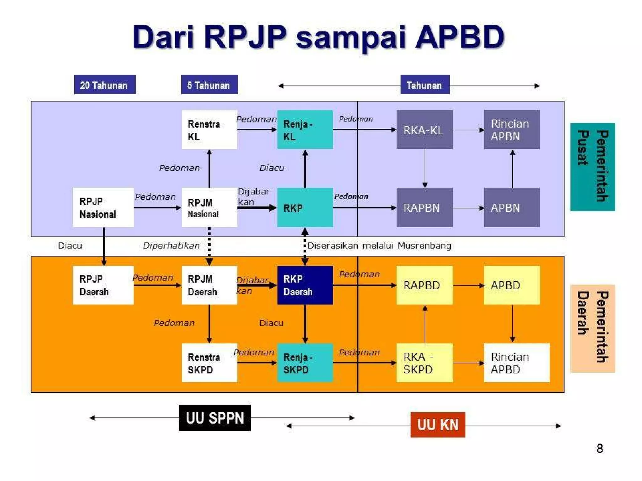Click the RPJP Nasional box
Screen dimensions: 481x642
[103, 207]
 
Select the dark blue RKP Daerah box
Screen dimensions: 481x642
[305, 285]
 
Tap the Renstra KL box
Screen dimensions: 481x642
[209, 130]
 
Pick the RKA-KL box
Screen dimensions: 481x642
[424, 130]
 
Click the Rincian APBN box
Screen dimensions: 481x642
[512, 130]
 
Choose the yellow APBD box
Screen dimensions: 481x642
[512, 285]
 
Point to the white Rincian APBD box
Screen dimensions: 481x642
[516, 363]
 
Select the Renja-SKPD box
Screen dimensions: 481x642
[305, 363]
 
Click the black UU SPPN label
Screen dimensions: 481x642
[215, 418]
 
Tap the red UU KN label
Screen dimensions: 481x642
[438, 425]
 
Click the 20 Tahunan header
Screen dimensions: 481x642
[105, 85]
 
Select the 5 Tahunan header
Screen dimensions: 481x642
[209, 85]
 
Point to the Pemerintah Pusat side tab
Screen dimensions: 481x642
[592, 167]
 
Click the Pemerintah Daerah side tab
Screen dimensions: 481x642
[592, 328]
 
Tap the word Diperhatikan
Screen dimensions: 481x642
[171, 246]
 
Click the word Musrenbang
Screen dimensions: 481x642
[424, 246]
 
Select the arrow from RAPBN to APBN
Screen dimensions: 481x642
[468, 208]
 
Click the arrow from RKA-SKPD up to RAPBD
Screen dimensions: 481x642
[425, 324]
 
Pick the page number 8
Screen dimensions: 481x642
[599, 448]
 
